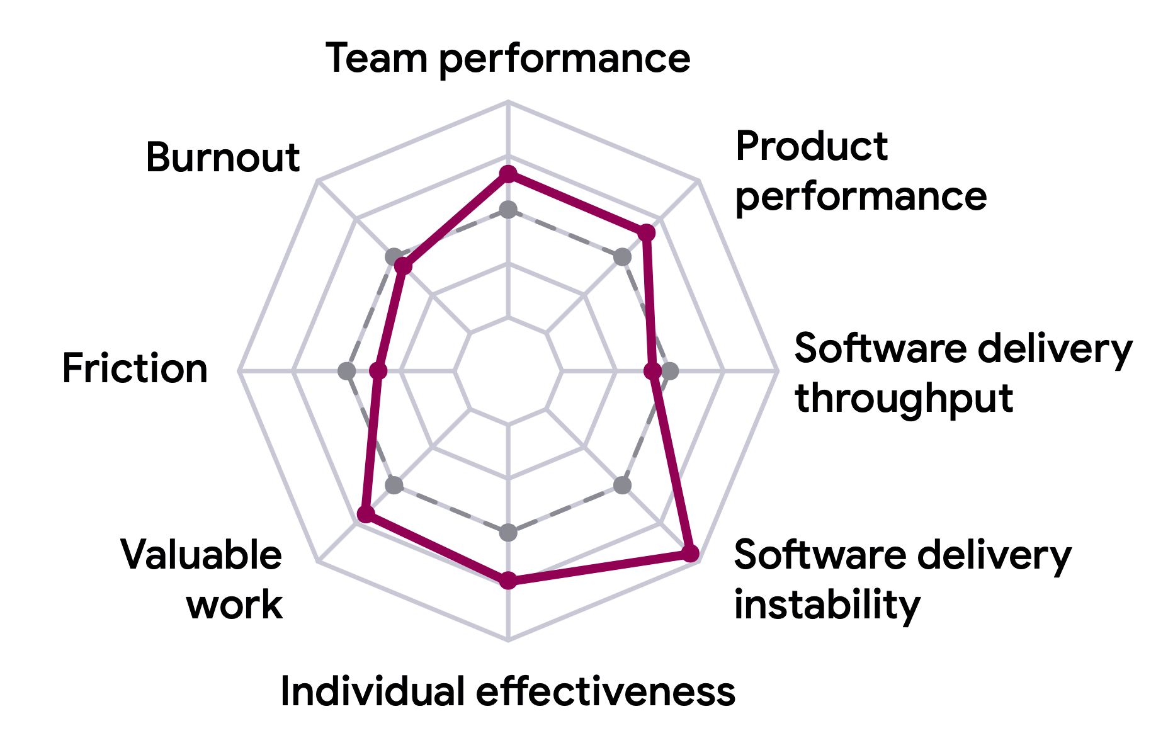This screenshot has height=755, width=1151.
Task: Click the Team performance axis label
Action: coord(508,59)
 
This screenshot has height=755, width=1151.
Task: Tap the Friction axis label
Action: coord(135,368)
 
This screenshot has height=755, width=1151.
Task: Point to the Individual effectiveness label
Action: coord(507,691)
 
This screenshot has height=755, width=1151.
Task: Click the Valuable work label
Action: coord(201,579)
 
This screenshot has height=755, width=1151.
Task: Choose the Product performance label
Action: coord(861,171)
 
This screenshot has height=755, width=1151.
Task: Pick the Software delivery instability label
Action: coord(902,579)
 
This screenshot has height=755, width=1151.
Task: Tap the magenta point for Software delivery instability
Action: coord(690,553)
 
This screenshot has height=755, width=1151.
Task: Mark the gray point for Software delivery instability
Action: coord(622,485)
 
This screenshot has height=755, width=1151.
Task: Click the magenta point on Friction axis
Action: coord(378,371)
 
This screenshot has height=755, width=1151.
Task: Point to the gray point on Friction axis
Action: coord(346,371)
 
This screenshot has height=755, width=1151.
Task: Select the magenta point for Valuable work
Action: coord(366,514)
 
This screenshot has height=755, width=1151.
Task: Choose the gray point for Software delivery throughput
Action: coord(670,371)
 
